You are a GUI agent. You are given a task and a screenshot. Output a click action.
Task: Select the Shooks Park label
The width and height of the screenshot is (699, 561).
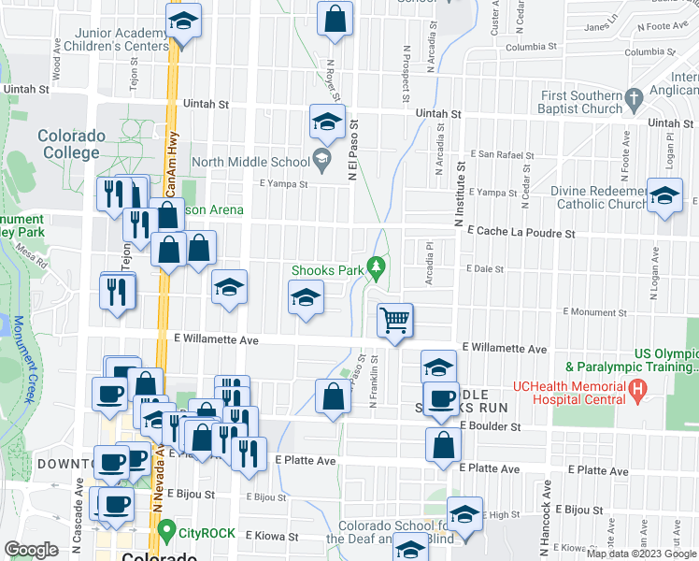coord(327,270)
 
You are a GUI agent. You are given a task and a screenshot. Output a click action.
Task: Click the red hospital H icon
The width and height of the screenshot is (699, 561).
coord(638,387)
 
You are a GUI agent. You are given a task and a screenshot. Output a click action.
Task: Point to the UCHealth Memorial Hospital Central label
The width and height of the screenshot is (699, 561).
coord(568,392)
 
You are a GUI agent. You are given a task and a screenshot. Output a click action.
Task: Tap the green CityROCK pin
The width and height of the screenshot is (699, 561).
coord(167,533)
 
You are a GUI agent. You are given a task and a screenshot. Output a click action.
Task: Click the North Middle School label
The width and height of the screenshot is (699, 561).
coord(250,161)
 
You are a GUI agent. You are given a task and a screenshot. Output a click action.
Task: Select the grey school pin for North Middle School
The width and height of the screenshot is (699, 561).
coord(321,158)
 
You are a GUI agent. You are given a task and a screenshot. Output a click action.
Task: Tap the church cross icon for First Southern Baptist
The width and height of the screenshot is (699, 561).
coord(635,96)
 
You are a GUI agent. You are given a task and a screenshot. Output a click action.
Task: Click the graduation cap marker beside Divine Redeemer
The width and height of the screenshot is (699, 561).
coord(664,199)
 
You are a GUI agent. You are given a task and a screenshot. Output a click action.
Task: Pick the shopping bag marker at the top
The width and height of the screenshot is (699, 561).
coord(335,19)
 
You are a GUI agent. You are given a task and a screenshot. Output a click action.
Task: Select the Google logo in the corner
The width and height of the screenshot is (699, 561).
coord(32,550)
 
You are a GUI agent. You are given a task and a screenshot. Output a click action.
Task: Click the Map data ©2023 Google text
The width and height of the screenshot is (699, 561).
coord(640,554)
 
